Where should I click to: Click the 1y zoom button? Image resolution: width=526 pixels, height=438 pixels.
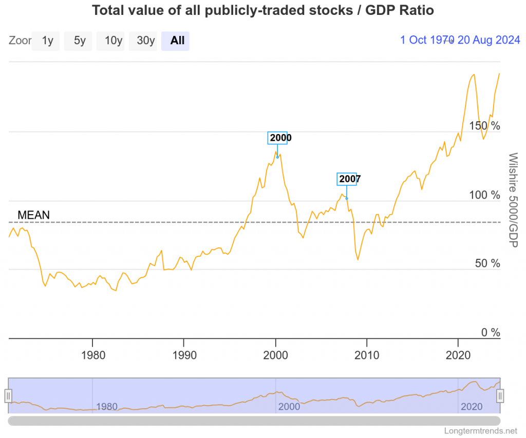click(47, 41)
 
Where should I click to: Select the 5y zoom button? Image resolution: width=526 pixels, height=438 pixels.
click(79, 41)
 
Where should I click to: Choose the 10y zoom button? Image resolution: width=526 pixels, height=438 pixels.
click(113, 41)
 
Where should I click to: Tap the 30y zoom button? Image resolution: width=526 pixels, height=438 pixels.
click(144, 41)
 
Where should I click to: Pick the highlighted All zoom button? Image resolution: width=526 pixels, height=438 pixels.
click(177, 41)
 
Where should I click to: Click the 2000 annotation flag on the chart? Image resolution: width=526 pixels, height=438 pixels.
click(277, 138)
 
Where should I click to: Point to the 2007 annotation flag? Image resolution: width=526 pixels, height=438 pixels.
click(347, 179)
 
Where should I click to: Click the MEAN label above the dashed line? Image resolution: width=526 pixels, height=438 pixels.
click(33, 215)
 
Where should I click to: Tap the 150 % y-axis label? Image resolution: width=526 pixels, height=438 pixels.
click(484, 126)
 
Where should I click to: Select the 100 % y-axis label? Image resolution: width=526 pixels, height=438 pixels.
click(484, 195)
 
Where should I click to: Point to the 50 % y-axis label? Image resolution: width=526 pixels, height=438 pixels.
click(487, 263)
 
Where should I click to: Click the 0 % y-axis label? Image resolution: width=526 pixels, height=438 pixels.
click(490, 333)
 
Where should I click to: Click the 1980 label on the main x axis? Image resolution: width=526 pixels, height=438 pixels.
click(92, 355)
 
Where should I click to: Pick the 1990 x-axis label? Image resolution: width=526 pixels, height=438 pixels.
click(183, 355)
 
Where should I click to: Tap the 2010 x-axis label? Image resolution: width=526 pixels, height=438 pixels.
click(366, 355)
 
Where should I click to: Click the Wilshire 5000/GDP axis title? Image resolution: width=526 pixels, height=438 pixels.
click(512, 199)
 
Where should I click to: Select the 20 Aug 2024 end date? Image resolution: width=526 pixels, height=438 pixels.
click(489, 40)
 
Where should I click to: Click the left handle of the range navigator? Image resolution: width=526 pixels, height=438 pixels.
click(8, 395)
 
